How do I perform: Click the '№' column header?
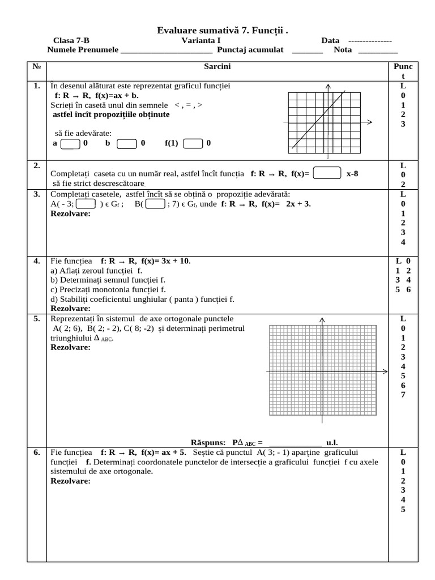[x=36, y=67]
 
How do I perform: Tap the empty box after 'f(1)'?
[x=193, y=143]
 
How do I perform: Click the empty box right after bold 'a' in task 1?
[x=70, y=144]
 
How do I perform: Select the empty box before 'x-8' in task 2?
[x=327, y=173]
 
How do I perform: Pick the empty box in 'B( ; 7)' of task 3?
[x=155, y=204]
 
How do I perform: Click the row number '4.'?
[x=36, y=261]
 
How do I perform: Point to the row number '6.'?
[x=36, y=453]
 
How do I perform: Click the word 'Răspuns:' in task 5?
[x=207, y=442]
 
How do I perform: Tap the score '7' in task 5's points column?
[x=403, y=395]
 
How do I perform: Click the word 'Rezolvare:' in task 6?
[x=70, y=481]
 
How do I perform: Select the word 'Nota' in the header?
[x=343, y=50]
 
